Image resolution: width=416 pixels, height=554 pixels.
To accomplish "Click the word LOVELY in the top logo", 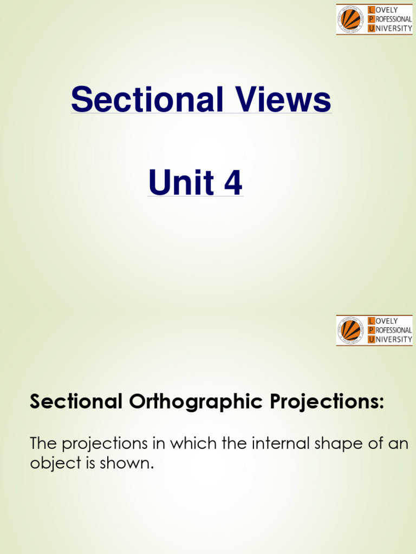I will [387, 10].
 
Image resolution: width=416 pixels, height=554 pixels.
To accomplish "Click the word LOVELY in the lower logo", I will [387, 321].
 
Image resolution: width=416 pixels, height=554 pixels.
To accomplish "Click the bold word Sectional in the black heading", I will [75, 402].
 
